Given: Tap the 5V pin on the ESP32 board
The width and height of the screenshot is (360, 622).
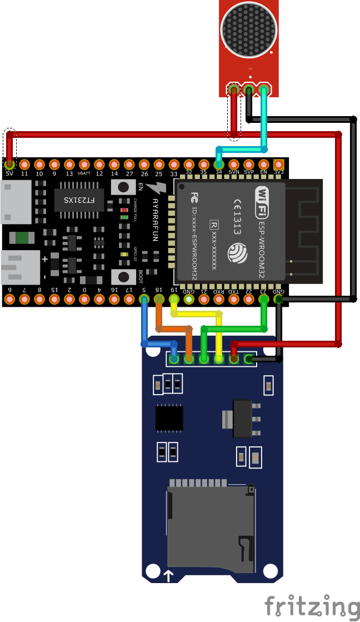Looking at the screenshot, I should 9,165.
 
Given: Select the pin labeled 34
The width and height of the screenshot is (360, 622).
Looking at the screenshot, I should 219,165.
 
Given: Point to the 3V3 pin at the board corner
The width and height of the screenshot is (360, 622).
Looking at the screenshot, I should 279,165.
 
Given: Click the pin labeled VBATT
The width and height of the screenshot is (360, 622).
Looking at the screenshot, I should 84,165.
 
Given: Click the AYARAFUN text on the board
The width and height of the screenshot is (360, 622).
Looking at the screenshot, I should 155,220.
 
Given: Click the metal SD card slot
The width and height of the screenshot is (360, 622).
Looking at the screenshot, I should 211,528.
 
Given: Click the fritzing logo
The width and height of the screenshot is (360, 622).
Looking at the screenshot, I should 311,606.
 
